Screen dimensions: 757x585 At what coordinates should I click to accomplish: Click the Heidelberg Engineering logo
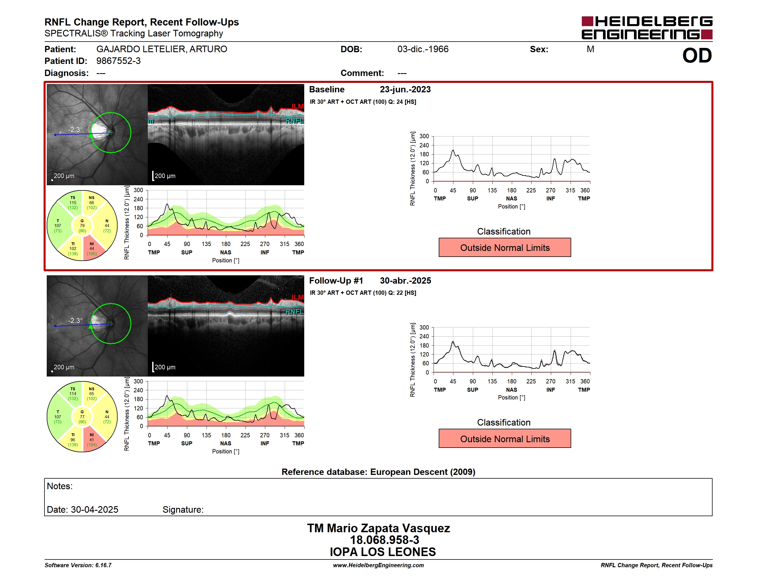pyautogui.click(x=647, y=28)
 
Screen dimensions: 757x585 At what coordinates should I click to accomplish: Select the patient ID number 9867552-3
pyautogui.click(x=118, y=61)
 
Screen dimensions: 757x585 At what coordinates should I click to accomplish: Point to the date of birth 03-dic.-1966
pyautogui.click(x=423, y=49)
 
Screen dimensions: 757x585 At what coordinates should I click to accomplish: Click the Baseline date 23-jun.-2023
pyautogui.click(x=405, y=89)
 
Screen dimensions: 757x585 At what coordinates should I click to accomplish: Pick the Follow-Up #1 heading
pyautogui.click(x=336, y=280)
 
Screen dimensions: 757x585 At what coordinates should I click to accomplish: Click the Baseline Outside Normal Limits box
pyautogui.click(x=505, y=247)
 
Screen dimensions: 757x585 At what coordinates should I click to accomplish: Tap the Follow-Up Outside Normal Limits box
pyautogui.click(x=505, y=439)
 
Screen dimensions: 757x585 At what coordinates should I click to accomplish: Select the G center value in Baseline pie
pyautogui.click(x=82, y=226)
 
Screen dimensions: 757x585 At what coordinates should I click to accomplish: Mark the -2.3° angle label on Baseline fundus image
pyautogui.click(x=75, y=130)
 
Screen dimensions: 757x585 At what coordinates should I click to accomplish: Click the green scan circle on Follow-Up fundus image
pyautogui.click(x=131, y=324)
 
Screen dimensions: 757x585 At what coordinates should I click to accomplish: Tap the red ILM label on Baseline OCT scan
pyautogui.click(x=297, y=106)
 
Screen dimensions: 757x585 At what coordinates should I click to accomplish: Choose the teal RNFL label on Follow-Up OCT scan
pyautogui.click(x=294, y=311)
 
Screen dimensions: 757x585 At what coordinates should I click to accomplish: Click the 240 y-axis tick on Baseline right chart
pyautogui.click(x=424, y=145)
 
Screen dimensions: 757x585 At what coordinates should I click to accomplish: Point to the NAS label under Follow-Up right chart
pyautogui.click(x=511, y=389)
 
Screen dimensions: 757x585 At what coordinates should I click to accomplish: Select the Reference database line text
pyautogui.click(x=378, y=472)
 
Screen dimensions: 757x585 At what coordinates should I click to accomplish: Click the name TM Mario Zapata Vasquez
pyautogui.click(x=378, y=528)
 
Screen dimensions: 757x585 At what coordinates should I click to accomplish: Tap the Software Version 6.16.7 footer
pyautogui.click(x=78, y=565)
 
